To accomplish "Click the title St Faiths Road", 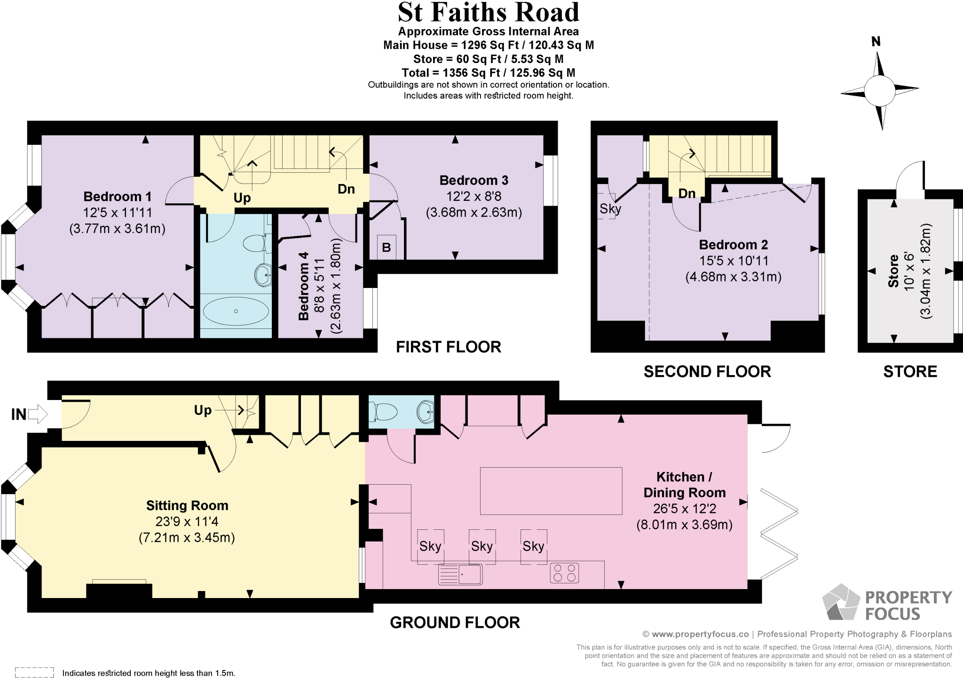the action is pyautogui.click(x=489, y=13).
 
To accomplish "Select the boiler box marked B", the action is pyautogui.click(x=387, y=247).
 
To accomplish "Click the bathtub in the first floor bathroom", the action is pyautogui.click(x=236, y=311).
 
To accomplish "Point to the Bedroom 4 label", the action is pyautogui.click(x=304, y=286).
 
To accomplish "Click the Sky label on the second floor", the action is pyautogui.click(x=610, y=208).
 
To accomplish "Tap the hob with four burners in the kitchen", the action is pyautogui.click(x=564, y=573).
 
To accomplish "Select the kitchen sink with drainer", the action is pyautogui.click(x=460, y=574).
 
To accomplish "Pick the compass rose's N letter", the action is pyautogui.click(x=876, y=42).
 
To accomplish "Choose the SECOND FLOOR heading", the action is pyautogui.click(x=707, y=372).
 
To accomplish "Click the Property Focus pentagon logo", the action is pyautogui.click(x=841, y=602).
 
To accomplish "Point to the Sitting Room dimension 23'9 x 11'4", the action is pyautogui.click(x=187, y=521).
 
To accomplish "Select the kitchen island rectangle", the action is pyautogui.click(x=551, y=491).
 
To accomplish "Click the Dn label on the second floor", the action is pyautogui.click(x=687, y=193).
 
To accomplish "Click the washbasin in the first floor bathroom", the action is pyautogui.click(x=263, y=275).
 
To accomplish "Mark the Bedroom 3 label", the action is pyautogui.click(x=474, y=180).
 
